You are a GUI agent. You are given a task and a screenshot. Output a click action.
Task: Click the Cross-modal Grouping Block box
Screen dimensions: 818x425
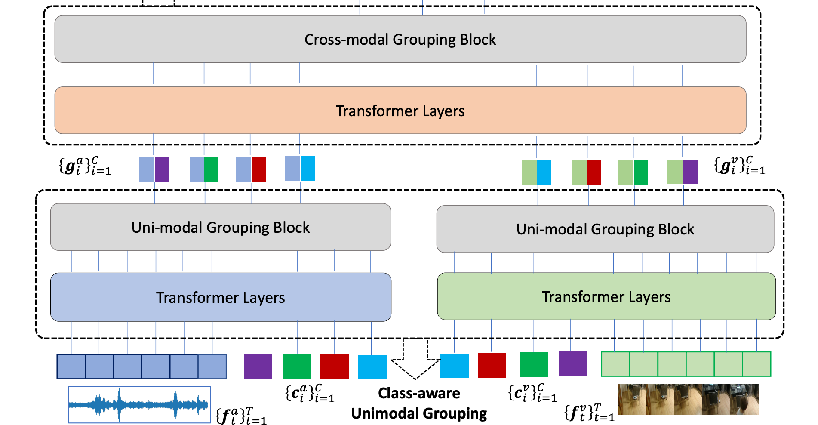click(x=400, y=39)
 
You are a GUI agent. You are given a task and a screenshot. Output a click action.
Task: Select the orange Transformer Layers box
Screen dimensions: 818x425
click(x=400, y=111)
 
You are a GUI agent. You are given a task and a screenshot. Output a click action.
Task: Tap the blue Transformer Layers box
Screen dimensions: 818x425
click(x=221, y=297)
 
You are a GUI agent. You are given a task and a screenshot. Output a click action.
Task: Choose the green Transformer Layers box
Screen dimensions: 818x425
click(x=606, y=296)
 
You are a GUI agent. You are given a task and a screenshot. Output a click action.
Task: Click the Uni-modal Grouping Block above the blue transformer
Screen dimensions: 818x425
click(x=221, y=227)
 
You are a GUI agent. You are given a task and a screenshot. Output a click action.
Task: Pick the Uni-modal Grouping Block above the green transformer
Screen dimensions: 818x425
click(x=605, y=229)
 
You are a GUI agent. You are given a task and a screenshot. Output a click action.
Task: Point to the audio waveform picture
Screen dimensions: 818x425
click(x=139, y=404)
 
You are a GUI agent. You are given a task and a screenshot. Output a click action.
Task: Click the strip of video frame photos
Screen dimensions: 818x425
click(x=688, y=399)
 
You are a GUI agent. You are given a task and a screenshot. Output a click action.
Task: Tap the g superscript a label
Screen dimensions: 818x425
click(x=85, y=166)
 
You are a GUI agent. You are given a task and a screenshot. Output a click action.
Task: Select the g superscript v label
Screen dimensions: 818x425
click(x=740, y=166)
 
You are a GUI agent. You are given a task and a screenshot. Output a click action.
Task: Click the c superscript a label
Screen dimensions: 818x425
click(x=310, y=393)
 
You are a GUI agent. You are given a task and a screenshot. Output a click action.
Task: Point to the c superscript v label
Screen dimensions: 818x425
click(x=532, y=393)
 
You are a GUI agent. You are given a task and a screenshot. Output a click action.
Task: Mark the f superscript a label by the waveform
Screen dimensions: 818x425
click(x=241, y=416)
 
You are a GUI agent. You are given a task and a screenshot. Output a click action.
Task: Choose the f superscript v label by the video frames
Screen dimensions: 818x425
click(x=589, y=412)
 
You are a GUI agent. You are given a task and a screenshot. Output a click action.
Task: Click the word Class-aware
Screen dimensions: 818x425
click(x=419, y=393)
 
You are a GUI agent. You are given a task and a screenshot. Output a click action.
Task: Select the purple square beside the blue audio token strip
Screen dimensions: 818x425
click(x=258, y=366)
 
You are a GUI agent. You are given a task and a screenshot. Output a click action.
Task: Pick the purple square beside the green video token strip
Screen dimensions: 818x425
click(x=573, y=363)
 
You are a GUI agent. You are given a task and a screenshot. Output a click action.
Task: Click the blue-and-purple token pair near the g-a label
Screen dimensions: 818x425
click(x=154, y=169)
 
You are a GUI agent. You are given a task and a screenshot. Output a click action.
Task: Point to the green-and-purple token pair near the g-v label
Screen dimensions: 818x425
click(x=683, y=172)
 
